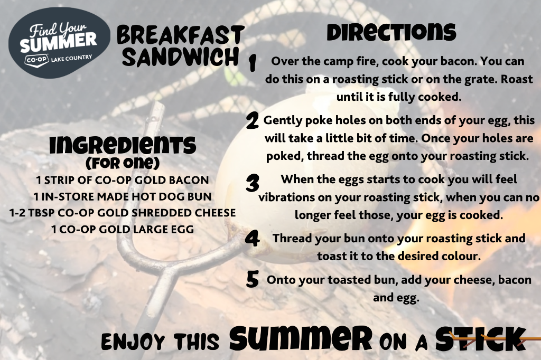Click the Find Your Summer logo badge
click(59, 43)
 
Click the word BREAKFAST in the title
click(181, 35)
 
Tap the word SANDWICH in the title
click(181, 57)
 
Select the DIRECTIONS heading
click(391, 32)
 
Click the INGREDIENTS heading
click(123, 145)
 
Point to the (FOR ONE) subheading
click(123, 163)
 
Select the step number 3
click(253, 183)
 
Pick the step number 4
click(253, 239)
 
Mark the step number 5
click(253, 279)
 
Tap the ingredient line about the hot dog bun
click(123, 196)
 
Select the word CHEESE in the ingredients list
click(215, 213)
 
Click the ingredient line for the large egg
click(123, 229)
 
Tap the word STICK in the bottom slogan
click(481, 339)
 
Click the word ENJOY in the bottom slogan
click(133, 342)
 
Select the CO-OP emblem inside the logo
click(37, 60)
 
